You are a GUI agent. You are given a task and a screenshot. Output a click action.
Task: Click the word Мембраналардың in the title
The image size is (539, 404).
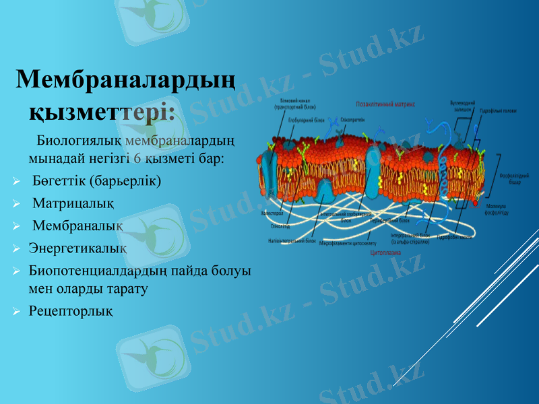tap(125, 80)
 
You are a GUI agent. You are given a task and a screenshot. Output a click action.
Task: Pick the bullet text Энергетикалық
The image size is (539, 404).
tap(77, 248)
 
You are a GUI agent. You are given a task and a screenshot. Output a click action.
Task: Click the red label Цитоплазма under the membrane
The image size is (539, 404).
tap(386, 254)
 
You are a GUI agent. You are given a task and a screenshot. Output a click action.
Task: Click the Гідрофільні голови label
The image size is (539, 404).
tap(497, 111)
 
